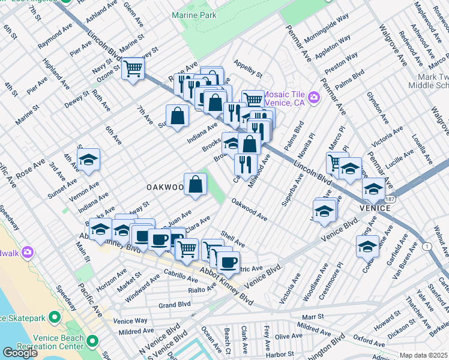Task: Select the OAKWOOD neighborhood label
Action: tap(165, 188)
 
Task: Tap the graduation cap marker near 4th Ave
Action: tap(88, 160)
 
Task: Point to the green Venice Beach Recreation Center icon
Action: tap(92, 341)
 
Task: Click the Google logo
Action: tap(20, 353)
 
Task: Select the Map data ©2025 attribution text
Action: tap(424, 355)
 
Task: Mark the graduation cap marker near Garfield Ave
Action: tap(367, 245)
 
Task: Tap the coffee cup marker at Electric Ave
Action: tap(228, 262)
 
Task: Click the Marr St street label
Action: tap(312, 316)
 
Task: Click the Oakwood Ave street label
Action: tap(249, 210)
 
